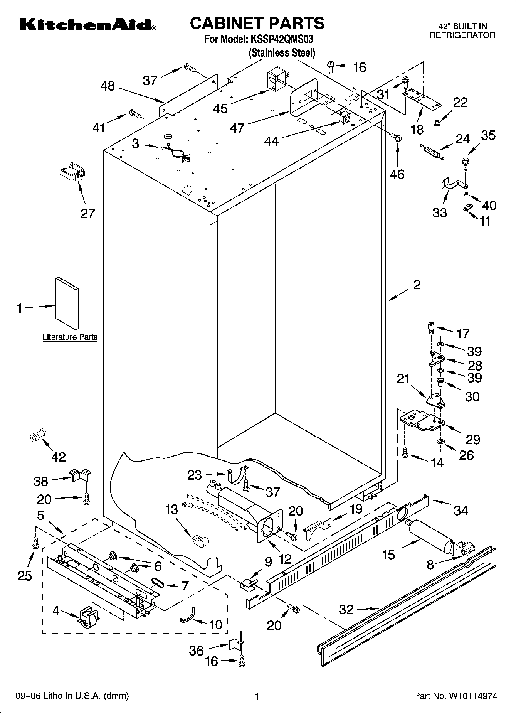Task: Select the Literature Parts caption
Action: pyautogui.click(x=70, y=337)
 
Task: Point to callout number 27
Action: pyautogui.click(x=87, y=213)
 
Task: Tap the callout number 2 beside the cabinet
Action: pyautogui.click(x=417, y=285)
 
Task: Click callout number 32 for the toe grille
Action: pyautogui.click(x=346, y=610)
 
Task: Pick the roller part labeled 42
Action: pyautogui.click(x=38, y=436)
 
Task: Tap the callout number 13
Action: pyautogui.click(x=172, y=510)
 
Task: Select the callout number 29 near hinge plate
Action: pyautogui.click(x=473, y=439)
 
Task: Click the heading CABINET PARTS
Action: pyautogui.click(x=257, y=23)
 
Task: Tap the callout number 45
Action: pyautogui.click(x=220, y=108)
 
